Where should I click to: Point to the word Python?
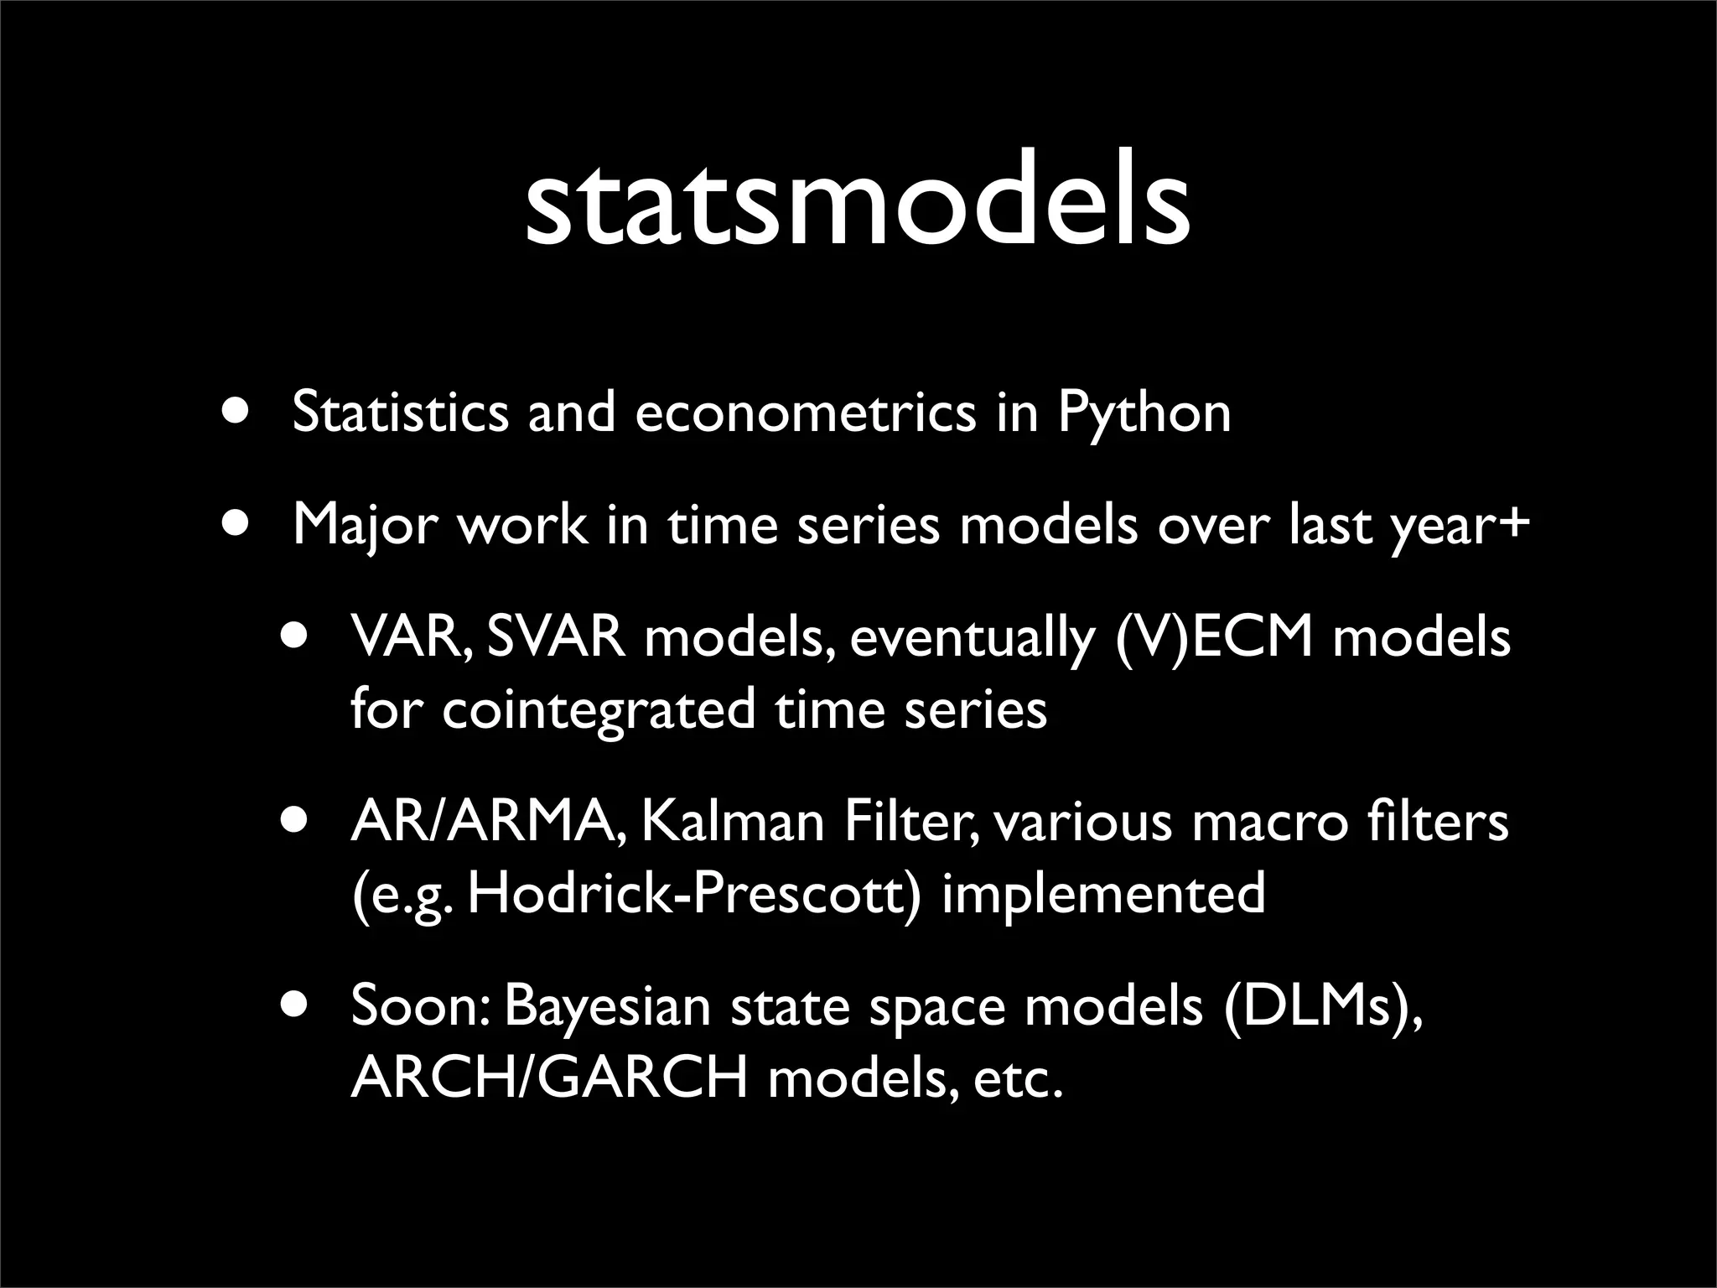pos(1144,413)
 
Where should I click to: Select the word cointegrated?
pos(598,709)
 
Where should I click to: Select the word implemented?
pos(1103,894)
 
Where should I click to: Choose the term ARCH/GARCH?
pos(548,1078)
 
